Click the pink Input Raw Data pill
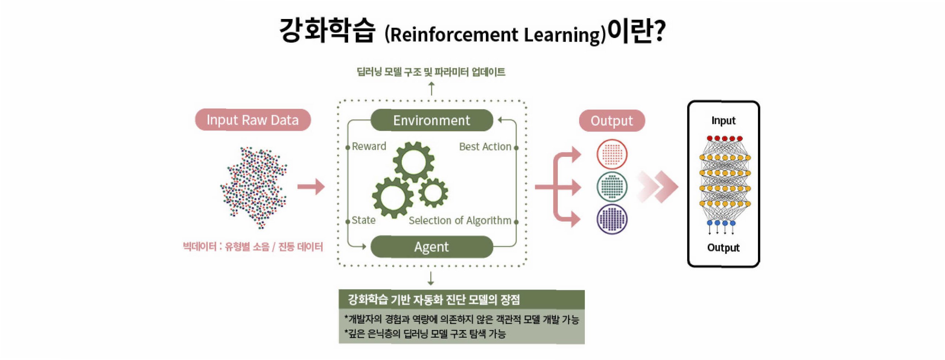253,120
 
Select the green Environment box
431,120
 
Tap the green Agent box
431,247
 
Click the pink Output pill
611,121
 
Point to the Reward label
369,147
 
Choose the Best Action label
485,147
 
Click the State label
363,220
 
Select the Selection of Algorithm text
460,220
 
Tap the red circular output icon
612,154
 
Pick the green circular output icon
612,187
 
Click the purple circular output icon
612,219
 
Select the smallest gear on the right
433,192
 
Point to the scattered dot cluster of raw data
254,187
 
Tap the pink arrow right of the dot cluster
311,187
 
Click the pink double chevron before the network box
658,187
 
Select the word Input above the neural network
723,120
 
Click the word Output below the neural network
723,248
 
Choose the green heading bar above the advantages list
461,300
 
